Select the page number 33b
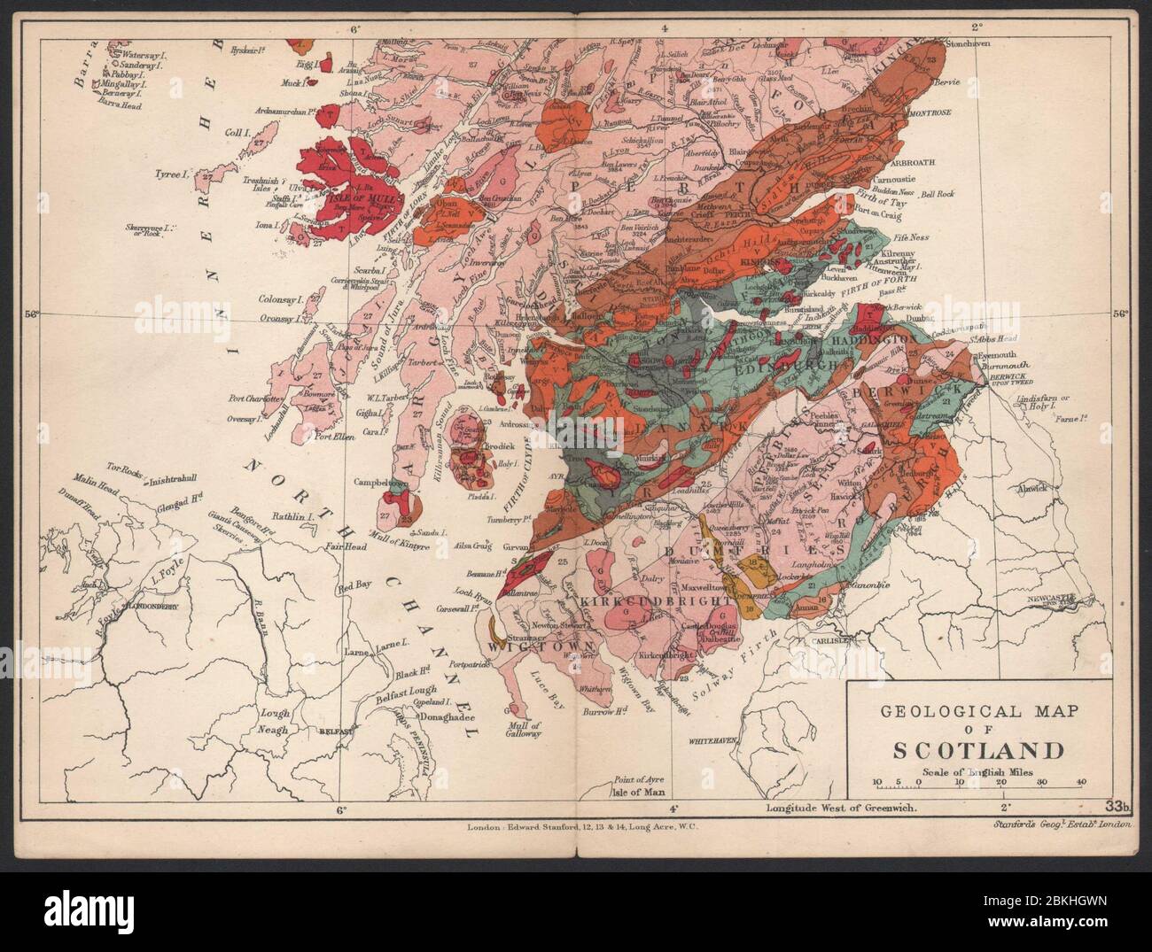(1118, 805)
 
